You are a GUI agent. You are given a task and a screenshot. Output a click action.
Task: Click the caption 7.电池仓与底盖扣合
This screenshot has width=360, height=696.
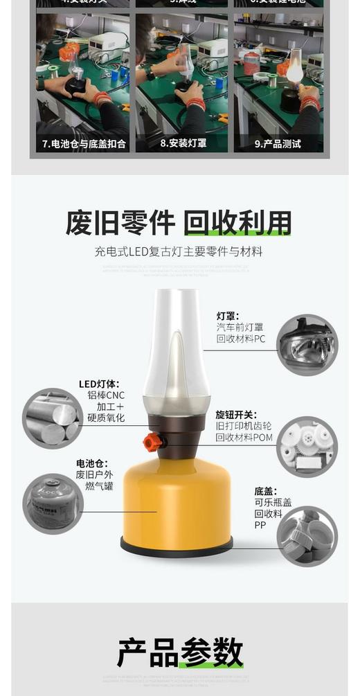pyautogui.click(x=83, y=144)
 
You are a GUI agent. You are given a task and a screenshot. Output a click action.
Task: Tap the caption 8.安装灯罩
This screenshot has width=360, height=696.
pyautogui.click(x=183, y=144)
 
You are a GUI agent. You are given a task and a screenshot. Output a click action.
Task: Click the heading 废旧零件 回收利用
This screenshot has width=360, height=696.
pyautogui.click(x=179, y=223)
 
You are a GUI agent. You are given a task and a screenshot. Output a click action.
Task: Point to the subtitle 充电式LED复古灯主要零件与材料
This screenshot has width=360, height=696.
pyautogui.click(x=179, y=251)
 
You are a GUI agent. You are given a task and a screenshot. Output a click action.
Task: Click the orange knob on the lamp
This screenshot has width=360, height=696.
pyautogui.click(x=152, y=441)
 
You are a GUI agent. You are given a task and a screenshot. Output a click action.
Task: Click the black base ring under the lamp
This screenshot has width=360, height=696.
pyautogui.click(x=177, y=548)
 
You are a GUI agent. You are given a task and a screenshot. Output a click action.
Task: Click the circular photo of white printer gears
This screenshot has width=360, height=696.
pyautogui.click(x=307, y=446)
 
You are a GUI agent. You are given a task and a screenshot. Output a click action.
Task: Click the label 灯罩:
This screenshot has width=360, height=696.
pyautogui.click(x=228, y=316)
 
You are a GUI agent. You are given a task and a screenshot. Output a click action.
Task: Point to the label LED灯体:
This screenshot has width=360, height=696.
pyautogui.click(x=99, y=384)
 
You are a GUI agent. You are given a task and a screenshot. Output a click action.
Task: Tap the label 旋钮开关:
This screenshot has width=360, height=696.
pyautogui.click(x=235, y=415)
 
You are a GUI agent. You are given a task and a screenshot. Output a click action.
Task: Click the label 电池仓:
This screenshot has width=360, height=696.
pyautogui.click(x=92, y=463)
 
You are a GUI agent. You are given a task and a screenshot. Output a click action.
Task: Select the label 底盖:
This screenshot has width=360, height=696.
pyautogui.click(x=265, y=492)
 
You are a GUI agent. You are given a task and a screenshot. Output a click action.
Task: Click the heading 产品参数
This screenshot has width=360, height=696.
pyautogui.click(x=180, y=652)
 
